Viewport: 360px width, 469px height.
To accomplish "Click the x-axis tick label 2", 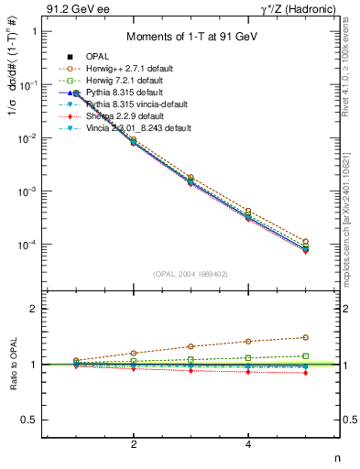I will [x=134, y=445].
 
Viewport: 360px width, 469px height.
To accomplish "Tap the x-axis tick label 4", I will [x=248, y=445].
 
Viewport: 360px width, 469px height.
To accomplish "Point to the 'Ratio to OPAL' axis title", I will [x=12, y=365].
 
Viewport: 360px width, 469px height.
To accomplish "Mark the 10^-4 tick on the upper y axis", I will [x=24, y=245].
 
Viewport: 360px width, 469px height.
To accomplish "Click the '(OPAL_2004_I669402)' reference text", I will [x=189, y=273].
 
